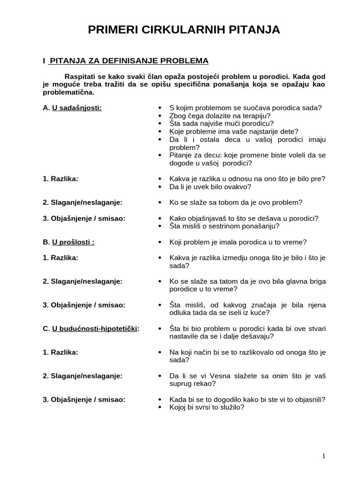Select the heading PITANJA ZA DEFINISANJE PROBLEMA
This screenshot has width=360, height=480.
(129, 61)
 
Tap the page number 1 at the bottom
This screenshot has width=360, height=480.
(323, 456)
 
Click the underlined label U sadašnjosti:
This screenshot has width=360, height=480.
(77, 108)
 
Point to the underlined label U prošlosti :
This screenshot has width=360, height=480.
(73, 242)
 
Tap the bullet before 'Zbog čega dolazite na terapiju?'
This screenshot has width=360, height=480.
(160, 116)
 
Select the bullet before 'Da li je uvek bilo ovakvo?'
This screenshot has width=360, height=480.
(160, 187)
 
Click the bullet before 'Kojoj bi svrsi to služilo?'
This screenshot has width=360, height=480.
(160, 407)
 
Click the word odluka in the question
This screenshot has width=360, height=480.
(180, 313)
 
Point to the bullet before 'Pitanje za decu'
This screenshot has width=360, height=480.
(160, 155)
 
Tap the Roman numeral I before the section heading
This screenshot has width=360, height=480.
(44, 61)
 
